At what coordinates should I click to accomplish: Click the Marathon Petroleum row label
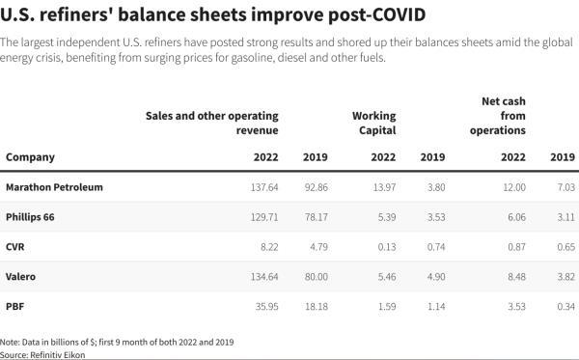[x=54, y=186]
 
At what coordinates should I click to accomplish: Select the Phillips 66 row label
[x=30, y=217]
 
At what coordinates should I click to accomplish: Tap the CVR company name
[x=15, y=247]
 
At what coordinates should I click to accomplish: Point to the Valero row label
[x=21, y=277]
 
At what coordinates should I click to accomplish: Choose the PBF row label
[x=15, y=307]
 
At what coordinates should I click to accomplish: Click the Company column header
[x=30, y=156]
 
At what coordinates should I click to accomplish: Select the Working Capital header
[x=373, y=123]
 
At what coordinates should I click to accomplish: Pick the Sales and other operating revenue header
[x=211, y=123]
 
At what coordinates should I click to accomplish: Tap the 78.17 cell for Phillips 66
[x=315, y=217]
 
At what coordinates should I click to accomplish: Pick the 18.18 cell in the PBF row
[x=315, y=307]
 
